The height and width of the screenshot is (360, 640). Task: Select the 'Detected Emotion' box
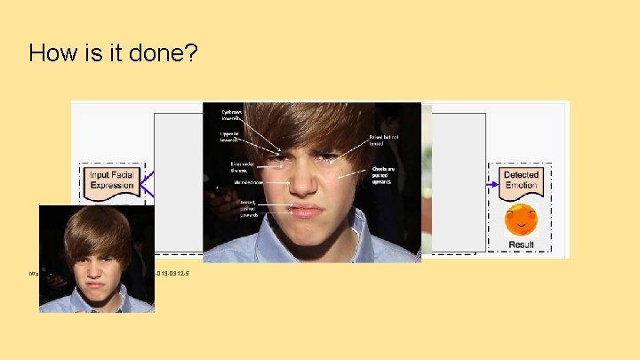tap(521, 180)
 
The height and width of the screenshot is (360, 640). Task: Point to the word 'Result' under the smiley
tap(521, 244)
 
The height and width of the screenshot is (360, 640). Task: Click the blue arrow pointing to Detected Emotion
tap(491, 184)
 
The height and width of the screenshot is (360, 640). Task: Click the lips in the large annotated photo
tap(304, 212)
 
